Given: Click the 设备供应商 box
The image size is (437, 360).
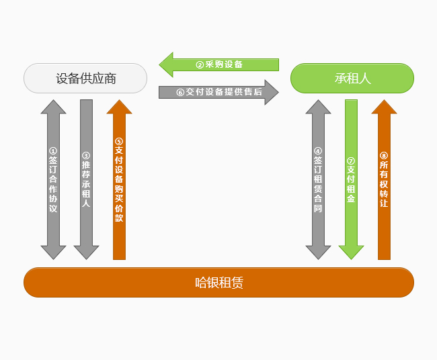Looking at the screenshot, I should [x=85, y=79].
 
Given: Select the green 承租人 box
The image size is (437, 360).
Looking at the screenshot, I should [x=352, y=79].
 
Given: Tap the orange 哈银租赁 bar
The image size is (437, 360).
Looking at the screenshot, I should [x=218, y=282].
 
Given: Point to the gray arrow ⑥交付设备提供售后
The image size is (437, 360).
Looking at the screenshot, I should [x=218, y=92].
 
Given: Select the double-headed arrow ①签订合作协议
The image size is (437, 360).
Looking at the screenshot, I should [x=53, y=180].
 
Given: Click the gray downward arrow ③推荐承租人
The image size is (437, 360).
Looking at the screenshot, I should [x=86, y=180].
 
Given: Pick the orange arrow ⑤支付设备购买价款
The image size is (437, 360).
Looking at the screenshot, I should [x=119, y=180].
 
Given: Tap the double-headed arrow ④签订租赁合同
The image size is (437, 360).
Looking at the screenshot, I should [x=318, y=180].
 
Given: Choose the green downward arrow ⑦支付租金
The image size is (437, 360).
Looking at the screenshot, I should [x=351, y=180].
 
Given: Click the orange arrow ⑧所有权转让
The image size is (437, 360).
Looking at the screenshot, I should [x=384, y=180].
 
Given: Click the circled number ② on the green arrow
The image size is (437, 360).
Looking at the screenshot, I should [x=200, y=65].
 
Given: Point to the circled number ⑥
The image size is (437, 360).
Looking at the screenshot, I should [x=180, y=93].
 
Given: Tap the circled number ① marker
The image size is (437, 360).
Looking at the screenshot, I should [x=53, y=151].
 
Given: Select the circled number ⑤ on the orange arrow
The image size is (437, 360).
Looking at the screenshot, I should [x=119, y=142].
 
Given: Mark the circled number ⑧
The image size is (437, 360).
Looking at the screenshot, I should [x=384, y=156].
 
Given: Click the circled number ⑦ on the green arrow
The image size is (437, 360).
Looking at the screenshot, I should [x=351, y=161].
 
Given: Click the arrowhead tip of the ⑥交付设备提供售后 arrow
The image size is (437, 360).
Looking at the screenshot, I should [x=277, y=92].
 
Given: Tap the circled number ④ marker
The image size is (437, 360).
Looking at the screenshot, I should [x=318, y=151].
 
